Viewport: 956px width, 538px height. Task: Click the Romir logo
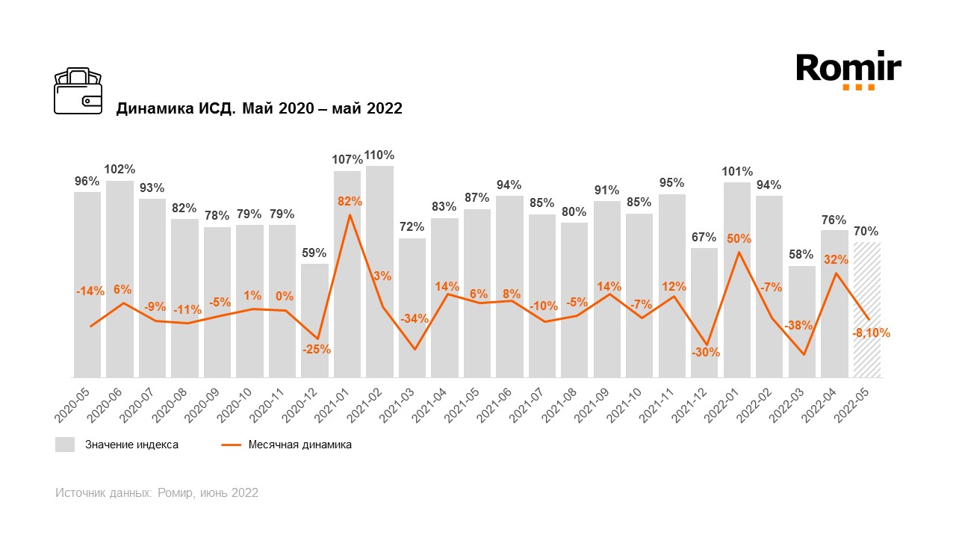click(848, 69)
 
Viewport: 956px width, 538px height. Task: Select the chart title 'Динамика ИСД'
click(259, 109)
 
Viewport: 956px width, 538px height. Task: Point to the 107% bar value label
click(347, 159)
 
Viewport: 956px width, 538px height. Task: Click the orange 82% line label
click(350, 201)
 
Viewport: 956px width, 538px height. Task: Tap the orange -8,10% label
click(871, 333)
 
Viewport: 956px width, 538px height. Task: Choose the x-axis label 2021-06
click(502, 403)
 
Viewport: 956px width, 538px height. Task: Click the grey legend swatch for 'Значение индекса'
click(65, 445)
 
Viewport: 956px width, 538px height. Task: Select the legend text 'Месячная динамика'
click(300, 445)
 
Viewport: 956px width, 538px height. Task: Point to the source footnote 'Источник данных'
click(157, 493)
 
